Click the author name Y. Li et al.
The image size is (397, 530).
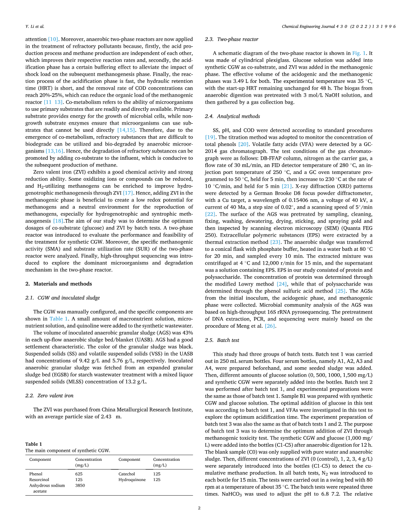[35, 26]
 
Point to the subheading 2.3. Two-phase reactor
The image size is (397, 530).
[231, 39]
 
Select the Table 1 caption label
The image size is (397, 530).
[34, 444]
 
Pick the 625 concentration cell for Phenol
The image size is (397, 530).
[79, 474]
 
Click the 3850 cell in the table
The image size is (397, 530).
[80, 485]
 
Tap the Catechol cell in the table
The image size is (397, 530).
[127, 474]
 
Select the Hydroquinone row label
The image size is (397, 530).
[132, 479]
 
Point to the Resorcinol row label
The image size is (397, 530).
[39, 479]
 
